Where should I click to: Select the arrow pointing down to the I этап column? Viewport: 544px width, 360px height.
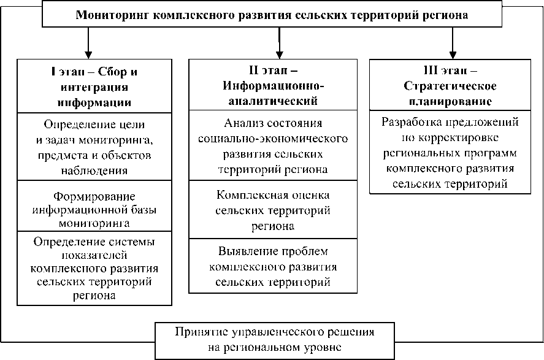click(89, 44)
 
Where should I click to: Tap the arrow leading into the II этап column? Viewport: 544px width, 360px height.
click(280, 44)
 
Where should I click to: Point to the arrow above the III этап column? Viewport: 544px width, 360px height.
click(453, 44)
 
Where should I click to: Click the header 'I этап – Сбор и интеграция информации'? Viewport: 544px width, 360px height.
click(94, 86)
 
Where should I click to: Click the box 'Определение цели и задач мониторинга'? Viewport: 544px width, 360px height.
click(94, 147)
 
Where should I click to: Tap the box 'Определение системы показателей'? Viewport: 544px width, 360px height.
click(94, 267)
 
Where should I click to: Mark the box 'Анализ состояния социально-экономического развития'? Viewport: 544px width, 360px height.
click(272, 145)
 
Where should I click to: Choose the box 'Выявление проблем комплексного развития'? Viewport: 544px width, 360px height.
click(272, 267)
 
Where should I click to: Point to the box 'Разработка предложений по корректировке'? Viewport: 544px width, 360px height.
click(450, 151)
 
